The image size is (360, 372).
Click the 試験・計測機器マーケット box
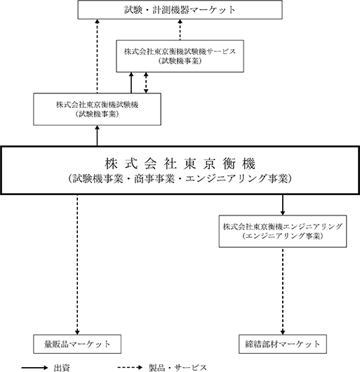(180, 10)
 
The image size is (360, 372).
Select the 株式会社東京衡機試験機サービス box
(180, 56)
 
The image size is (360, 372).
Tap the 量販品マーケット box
(77, 344)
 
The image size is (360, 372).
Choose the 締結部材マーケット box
(283, 344)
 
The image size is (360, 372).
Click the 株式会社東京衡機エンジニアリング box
(283, 232)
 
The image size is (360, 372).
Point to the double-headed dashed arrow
(146, 83)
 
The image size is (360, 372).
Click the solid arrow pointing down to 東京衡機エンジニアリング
(282, 205)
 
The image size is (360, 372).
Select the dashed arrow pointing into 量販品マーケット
(77, 265)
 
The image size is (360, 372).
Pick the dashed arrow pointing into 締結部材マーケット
(282, 291)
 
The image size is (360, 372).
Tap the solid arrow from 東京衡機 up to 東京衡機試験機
(97, 135)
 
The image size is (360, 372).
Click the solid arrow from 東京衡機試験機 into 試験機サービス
(131, 83)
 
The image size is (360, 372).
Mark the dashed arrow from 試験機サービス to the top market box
(180, 29)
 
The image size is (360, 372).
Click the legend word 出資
(62, 368)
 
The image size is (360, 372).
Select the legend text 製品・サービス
(178, 368)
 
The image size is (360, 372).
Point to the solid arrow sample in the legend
(34, 368)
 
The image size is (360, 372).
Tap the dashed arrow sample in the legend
(131, 368)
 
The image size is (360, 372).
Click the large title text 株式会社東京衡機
(180, 164)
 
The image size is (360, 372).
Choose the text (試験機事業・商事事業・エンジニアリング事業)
(180, 179)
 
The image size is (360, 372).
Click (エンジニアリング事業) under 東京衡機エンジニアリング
(283, 236)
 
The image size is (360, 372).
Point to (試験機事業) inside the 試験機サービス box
(180, 61)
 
